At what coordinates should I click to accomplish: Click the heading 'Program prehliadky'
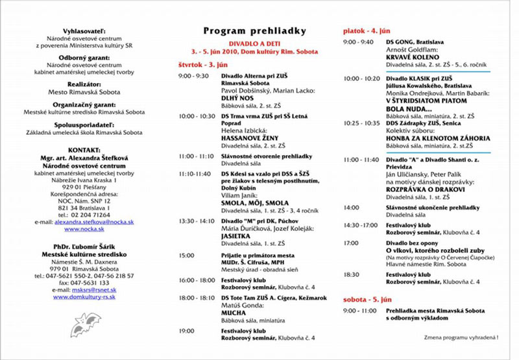254,30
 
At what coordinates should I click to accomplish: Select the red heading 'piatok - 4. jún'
367,30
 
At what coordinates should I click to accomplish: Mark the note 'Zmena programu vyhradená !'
461,338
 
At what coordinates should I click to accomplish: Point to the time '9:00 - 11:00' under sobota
358,311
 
